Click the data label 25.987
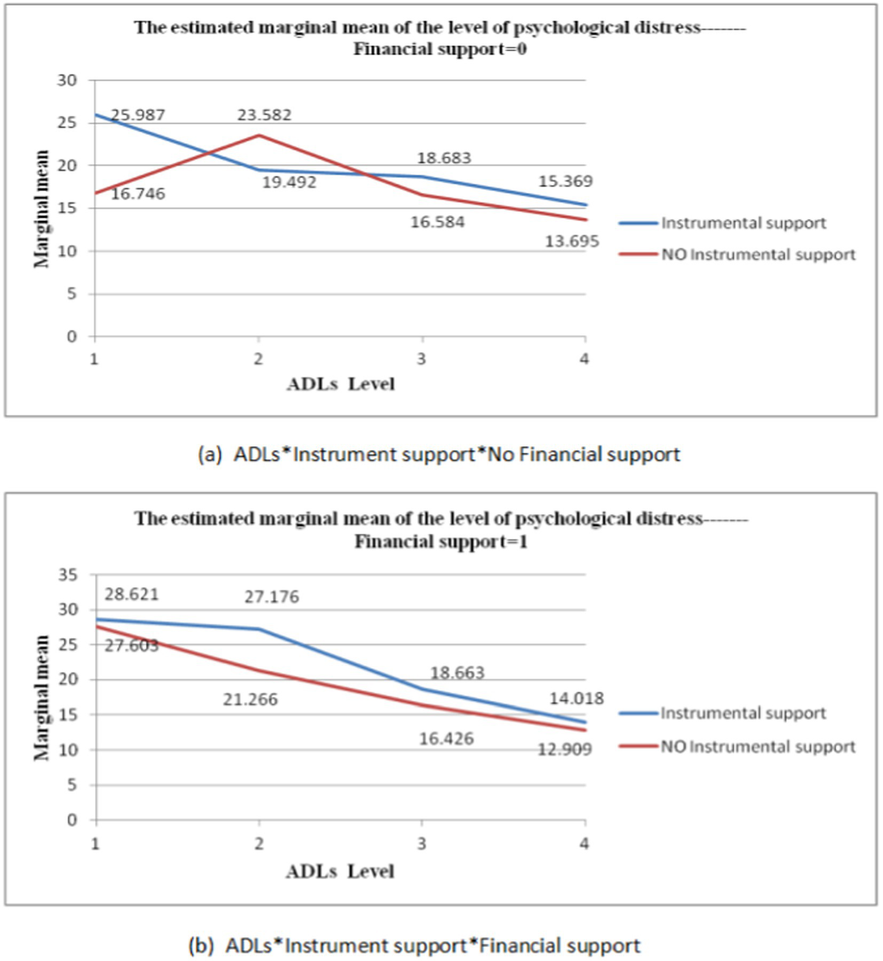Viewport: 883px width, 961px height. [138, 115]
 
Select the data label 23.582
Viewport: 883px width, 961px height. [265, 115]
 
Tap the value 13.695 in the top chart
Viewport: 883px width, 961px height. [572, 242]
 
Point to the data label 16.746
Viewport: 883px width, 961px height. [138, 194]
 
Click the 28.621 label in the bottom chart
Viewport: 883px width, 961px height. [131, 594]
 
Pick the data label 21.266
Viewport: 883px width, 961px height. [250, 700]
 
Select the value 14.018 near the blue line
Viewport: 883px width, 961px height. [576, 699]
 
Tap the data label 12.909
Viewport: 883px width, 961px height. [564, 749]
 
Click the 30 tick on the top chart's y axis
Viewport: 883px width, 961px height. [67, 81]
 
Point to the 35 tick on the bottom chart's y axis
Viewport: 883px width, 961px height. [67, 575]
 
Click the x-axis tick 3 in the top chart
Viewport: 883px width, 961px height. [422, 359]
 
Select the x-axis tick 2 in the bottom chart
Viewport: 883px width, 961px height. [259, 844]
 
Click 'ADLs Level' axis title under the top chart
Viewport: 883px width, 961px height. [341, 384]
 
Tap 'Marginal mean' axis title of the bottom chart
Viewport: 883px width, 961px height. [41, 698]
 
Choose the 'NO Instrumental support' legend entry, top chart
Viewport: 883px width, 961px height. [758, 255]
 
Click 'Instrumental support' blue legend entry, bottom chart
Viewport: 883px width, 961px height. [743, 714]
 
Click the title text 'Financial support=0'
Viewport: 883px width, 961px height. [440, 49]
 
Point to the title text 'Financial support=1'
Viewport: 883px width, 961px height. [441, 542]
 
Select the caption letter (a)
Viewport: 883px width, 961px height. [209, 454]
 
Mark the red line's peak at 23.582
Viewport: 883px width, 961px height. [259, 135]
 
